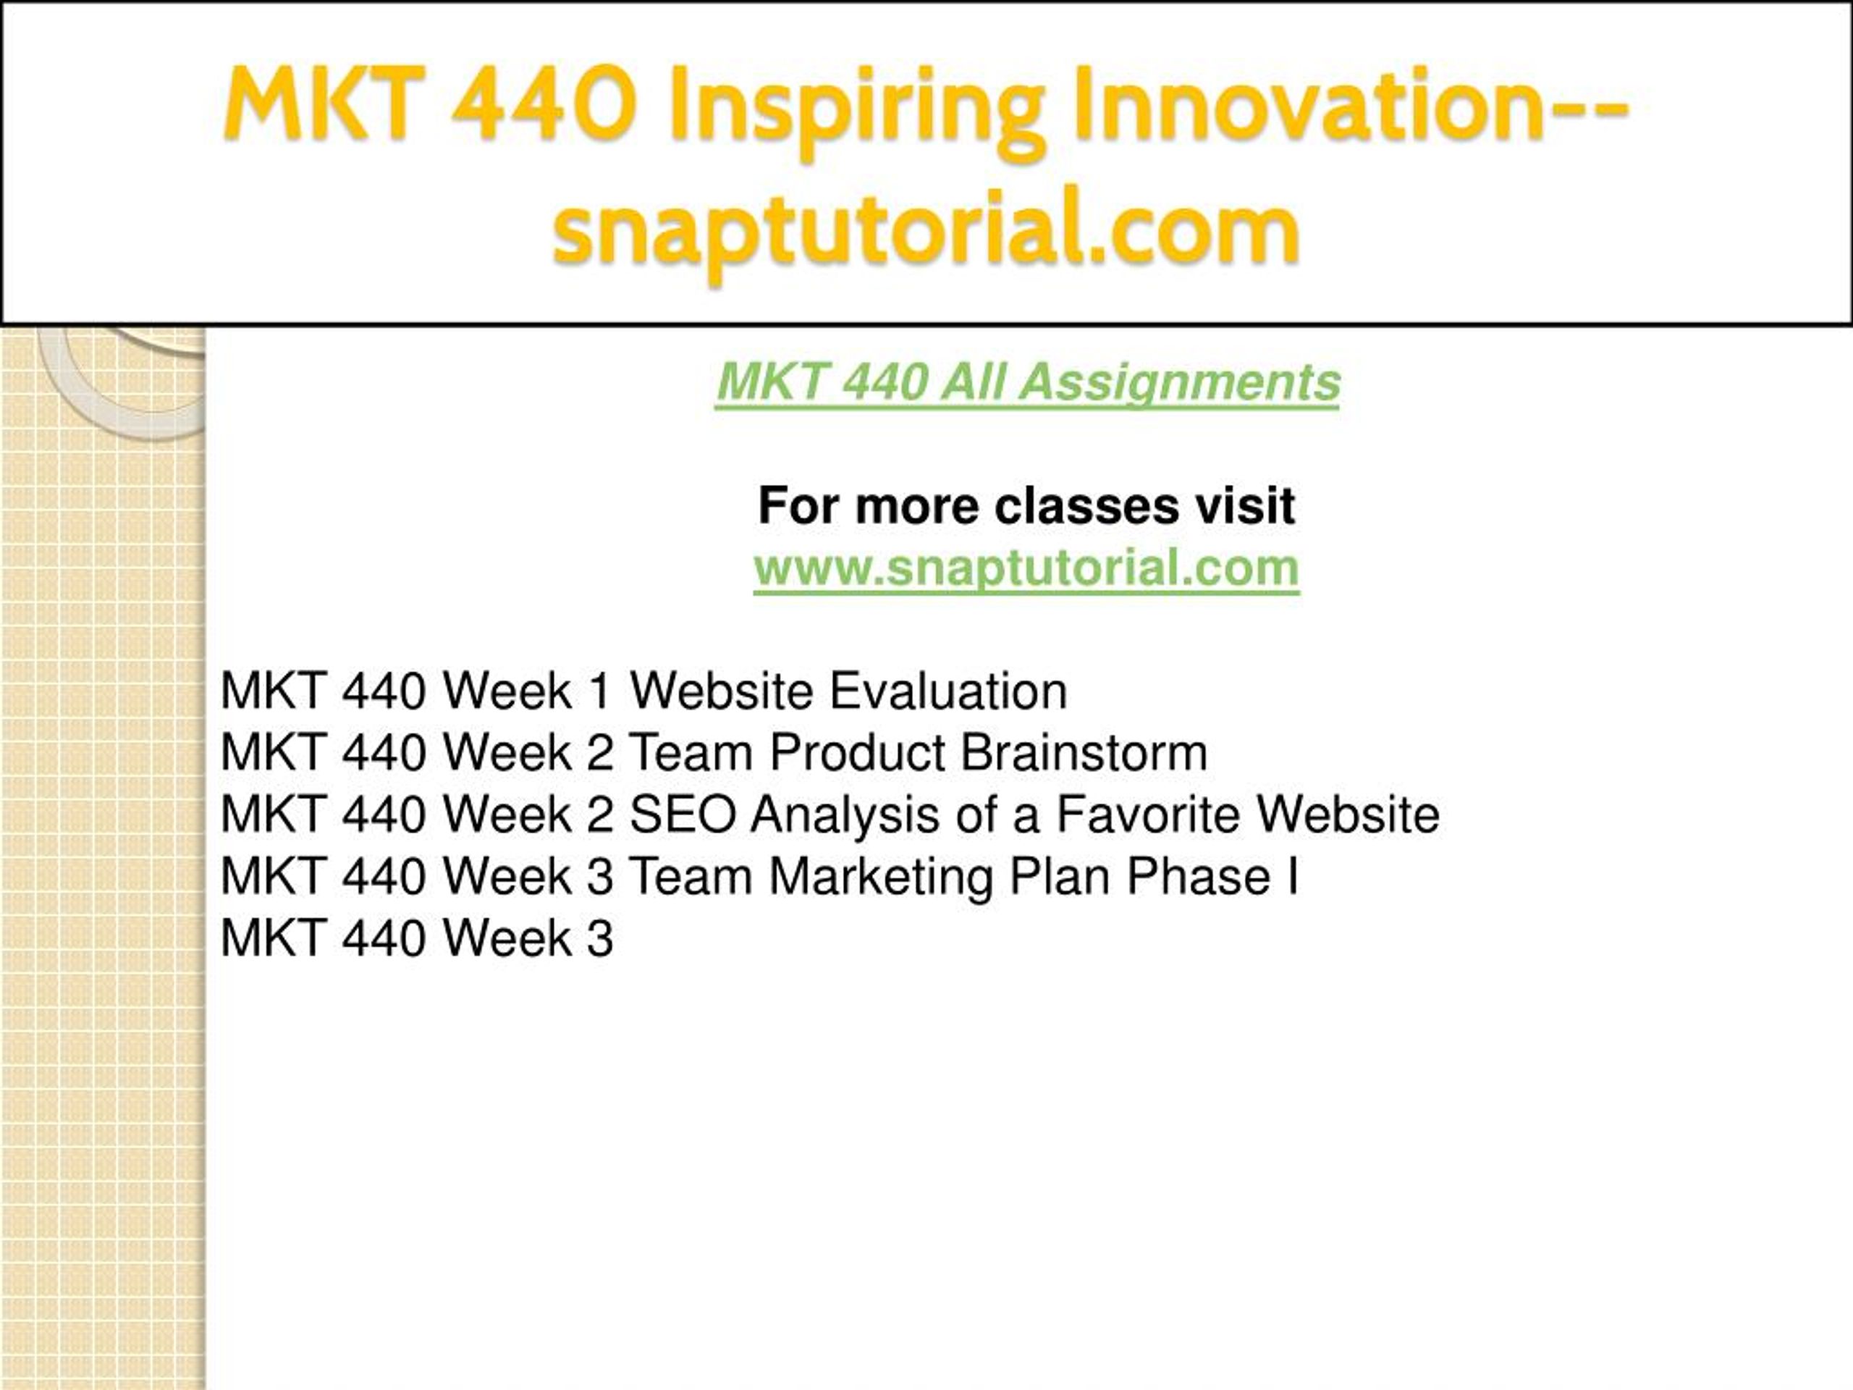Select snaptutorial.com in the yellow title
926,230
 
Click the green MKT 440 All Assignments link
1028,383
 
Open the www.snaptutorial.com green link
1026,568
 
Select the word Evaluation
948,691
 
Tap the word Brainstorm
1084,751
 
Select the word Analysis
845,815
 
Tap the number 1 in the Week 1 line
600,691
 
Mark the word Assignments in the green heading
1181,384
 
